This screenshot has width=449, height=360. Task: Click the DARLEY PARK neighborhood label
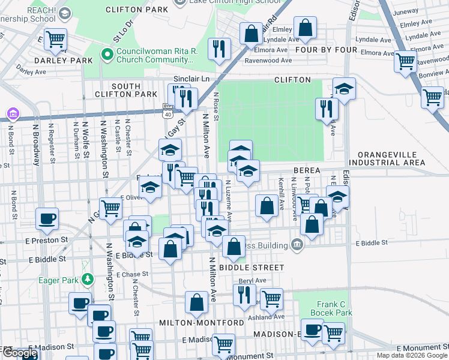[63, 61]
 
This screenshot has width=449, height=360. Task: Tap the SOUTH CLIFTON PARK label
[125, 91]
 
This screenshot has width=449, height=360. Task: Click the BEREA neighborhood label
[307, 171]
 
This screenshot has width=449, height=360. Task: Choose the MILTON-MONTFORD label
[201, 323]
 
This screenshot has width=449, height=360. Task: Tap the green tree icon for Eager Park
[88, 279]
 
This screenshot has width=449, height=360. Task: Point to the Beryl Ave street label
[252, 280]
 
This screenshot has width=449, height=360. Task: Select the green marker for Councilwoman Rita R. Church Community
[108, 55]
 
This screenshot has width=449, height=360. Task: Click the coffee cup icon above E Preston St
[47, 219]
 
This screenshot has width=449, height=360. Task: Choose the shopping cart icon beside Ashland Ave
[271, 298]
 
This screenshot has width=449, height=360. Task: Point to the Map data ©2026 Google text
[411, 355]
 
